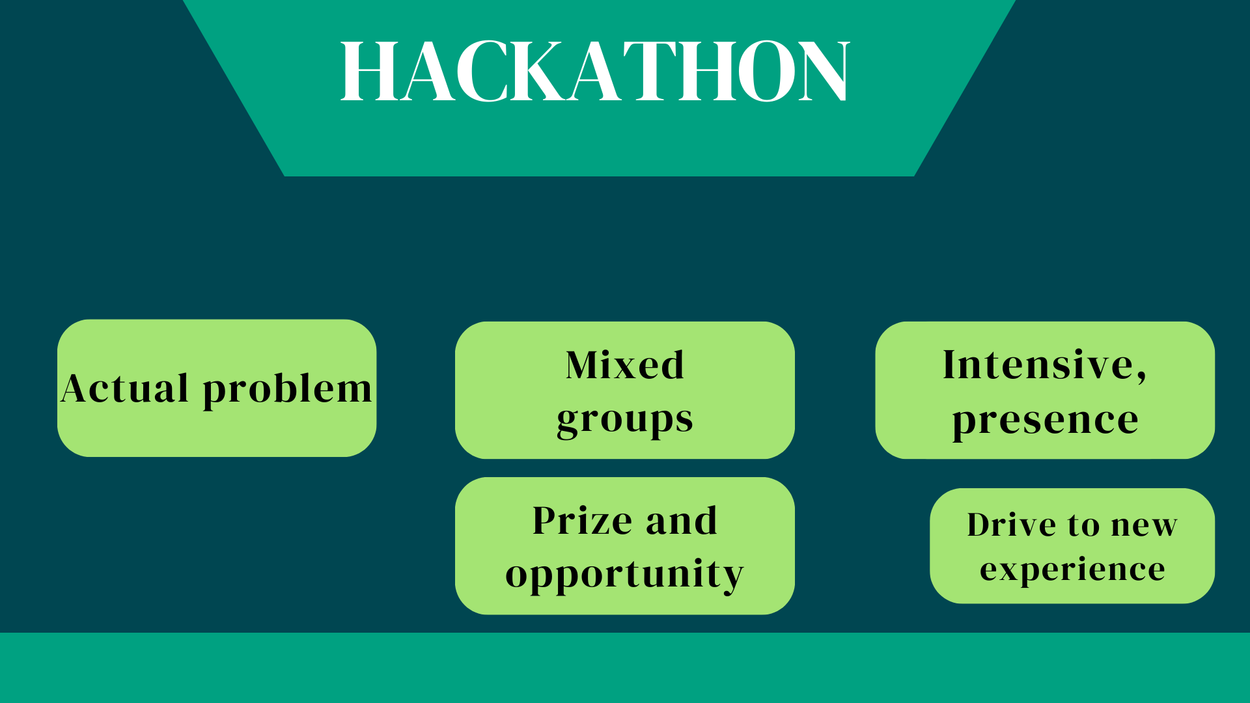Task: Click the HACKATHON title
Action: pos(595,70)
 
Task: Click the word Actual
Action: pos(124,388)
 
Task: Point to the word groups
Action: pos(625,420)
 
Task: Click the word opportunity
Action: pos(624,575)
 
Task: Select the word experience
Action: pos(1072,570)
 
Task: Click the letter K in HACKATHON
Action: pos(538,70)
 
